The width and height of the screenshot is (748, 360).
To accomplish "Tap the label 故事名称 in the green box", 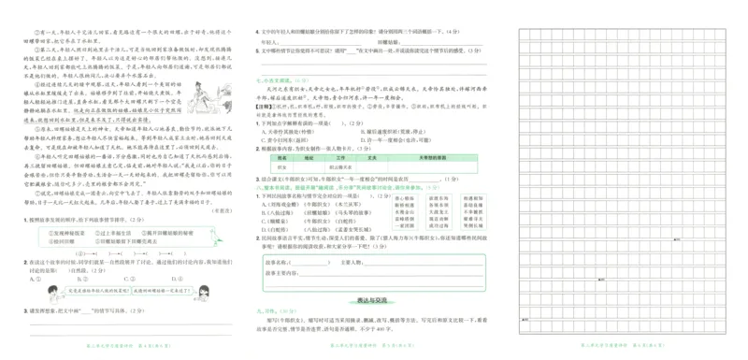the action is (276, 263).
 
